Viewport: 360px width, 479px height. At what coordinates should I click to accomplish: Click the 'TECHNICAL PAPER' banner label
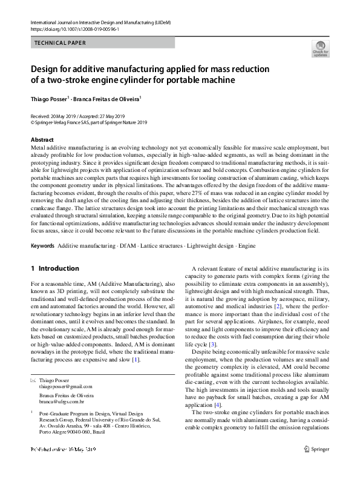point(61,43)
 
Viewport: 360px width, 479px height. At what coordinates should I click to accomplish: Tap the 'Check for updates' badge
point(320,48)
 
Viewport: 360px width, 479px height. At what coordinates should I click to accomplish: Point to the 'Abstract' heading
point(42,139)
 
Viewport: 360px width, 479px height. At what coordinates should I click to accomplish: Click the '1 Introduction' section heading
point(54,268)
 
